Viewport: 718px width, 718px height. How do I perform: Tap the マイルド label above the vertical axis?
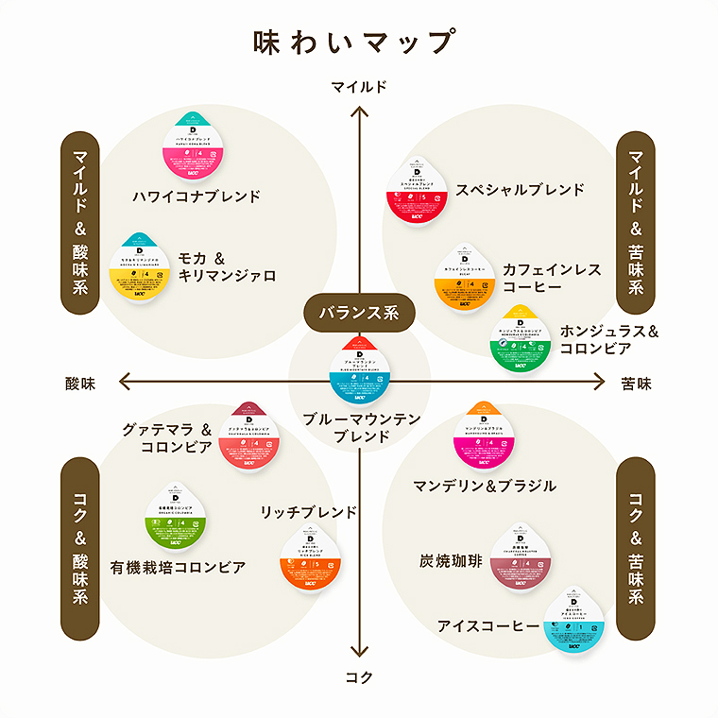pos(359,87)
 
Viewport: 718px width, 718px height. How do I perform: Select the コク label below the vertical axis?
pos(359,677)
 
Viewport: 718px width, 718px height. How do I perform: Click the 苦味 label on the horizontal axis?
pos(637,384)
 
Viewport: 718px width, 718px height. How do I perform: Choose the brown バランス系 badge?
pos(359,312)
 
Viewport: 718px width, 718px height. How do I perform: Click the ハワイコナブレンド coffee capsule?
pos(197,148)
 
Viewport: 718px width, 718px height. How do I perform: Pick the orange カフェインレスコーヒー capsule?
pos(465,280)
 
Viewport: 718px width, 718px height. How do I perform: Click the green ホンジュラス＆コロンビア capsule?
pos(520,340)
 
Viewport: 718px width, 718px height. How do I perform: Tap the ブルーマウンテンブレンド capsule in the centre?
pos(358,372)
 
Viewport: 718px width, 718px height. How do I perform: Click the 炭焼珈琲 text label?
pos(451,561)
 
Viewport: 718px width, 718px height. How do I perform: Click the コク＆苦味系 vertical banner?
pos(636,548)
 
